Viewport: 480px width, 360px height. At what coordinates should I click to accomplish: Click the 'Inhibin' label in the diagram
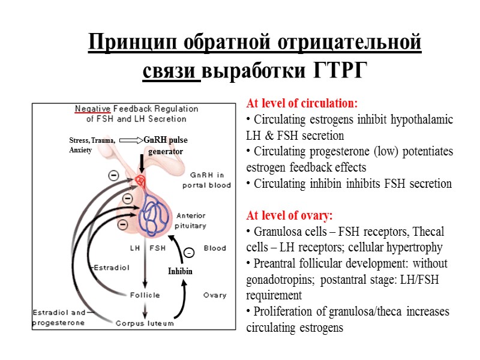click(x=181, y=272)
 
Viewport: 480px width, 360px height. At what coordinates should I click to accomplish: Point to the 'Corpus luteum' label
click(x=145, y=323)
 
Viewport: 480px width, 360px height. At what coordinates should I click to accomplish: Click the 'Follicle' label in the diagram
click(x=145, y=295)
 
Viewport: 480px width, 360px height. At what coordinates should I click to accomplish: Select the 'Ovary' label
click(x=214, y=295)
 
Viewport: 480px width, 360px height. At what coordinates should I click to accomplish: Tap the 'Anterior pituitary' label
click(x=191, y=221)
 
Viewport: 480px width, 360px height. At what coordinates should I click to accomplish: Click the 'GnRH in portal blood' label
click(x=206, y=180)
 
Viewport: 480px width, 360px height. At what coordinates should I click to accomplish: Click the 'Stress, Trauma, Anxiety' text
click(x=92, y=145)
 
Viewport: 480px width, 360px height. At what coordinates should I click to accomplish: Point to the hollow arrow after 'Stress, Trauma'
click(x=131, y=140)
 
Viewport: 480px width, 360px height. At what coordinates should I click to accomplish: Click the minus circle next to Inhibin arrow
click(x=188, y=252)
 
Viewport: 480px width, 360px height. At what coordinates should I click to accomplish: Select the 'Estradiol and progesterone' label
click(x=58, y=317)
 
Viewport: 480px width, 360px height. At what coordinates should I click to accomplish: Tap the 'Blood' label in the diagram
click(x=215, y=248)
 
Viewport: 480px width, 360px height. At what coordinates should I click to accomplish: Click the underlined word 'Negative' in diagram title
click(x=92, y=109)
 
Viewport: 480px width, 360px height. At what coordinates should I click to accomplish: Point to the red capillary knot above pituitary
click(x=140, y=180)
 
